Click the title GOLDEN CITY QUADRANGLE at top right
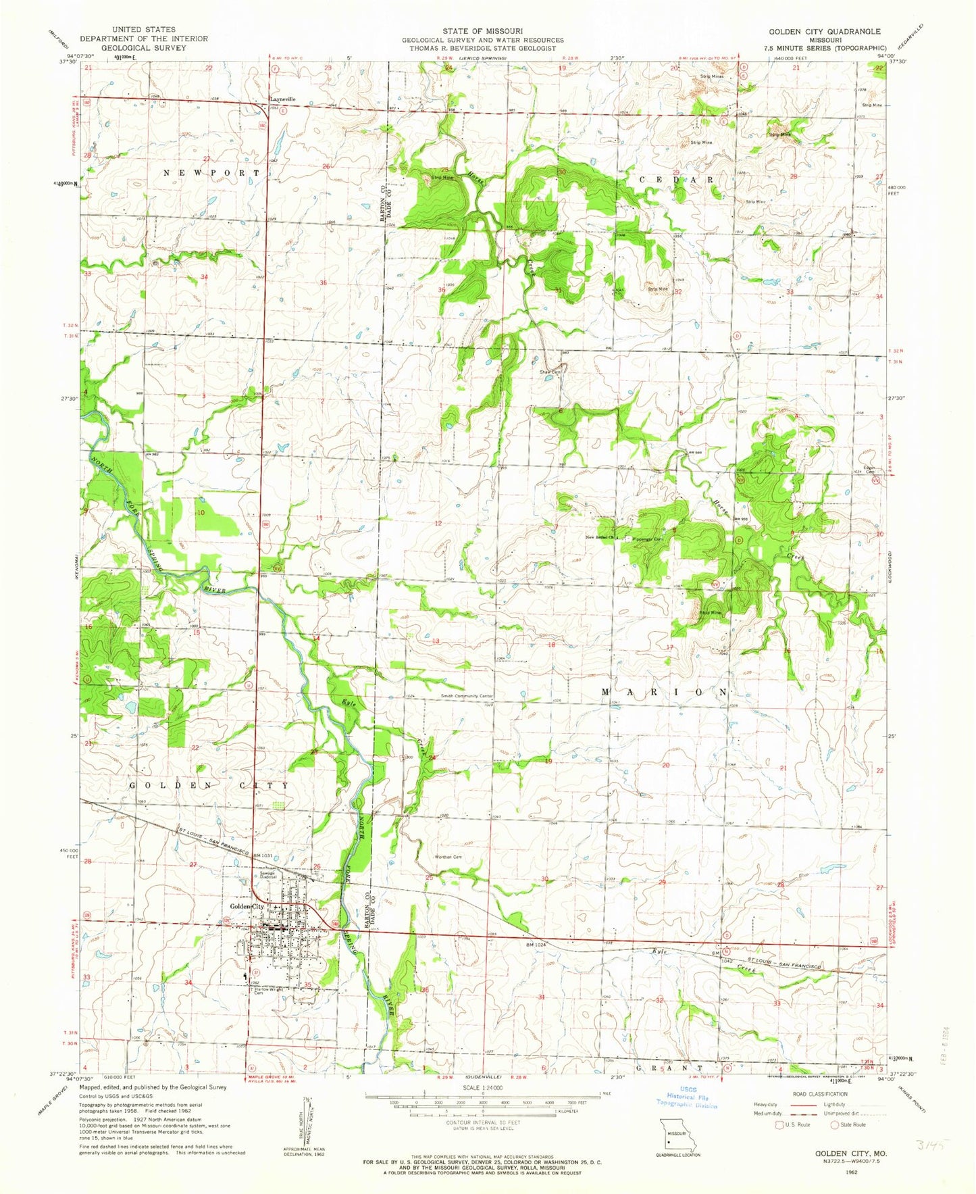pyautogui.click(x=824, y=31)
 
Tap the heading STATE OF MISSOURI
pyautogui.click(x=483, y=31)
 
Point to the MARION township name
pyautogui.click(x=665, y=693)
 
